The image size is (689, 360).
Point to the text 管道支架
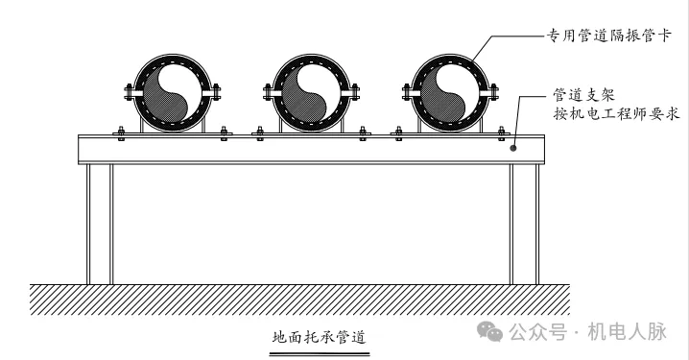(582, 95)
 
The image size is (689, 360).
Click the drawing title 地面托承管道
(320, 337)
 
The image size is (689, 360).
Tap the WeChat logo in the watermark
(490, 332)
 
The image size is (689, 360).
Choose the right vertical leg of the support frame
(524, 224)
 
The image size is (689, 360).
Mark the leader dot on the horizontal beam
(513, 148)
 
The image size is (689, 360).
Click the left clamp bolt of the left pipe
(128, 93)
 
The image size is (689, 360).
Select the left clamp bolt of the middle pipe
(266, 93)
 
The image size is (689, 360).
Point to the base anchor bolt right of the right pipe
(502, 132)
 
